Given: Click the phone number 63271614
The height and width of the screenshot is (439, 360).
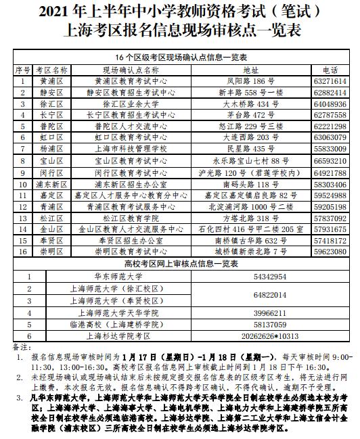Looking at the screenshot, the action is (x=330, y=80).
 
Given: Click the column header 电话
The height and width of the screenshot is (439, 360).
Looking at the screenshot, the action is (x=330, y=70).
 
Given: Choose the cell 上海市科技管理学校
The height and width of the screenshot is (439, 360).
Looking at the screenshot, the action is (x=130, y=148).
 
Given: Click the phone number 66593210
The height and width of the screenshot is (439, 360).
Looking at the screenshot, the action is (x=330, y=161).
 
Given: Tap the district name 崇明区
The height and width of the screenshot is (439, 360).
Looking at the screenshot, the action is (x=51, y=251).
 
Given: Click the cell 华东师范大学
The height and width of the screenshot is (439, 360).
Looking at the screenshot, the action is (x=116, y=276).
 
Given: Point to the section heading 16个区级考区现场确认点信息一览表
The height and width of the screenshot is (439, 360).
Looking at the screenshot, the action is (x=180, y=58).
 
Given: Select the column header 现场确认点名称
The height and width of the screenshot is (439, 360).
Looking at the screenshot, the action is (x=130, y=70).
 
